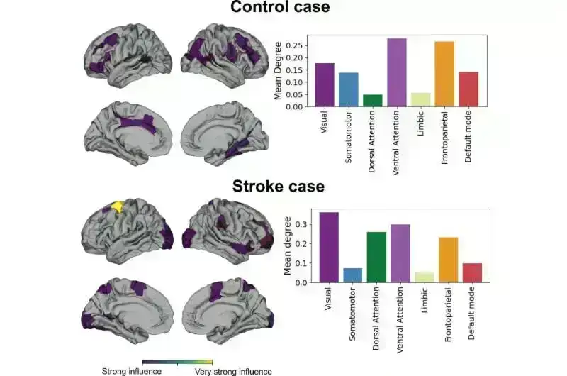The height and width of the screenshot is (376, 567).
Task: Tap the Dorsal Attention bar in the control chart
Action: (372, 100)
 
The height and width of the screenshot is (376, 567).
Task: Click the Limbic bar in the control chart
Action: (420, 99)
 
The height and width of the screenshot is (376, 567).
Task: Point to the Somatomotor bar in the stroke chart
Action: (352, 275)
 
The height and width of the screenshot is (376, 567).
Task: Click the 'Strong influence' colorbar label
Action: (132, 370)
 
